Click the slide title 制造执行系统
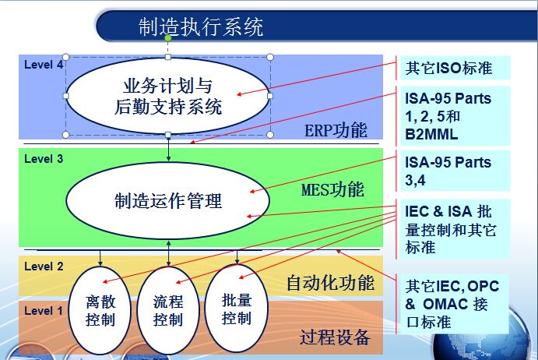tap(201, 26)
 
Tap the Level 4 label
tap(44, 65)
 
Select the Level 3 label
tap(44, 159)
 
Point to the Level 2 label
tap(44, 266)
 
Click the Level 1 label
tap(44, 311)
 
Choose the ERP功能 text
tap(336, 130)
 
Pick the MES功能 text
tap(332, 189)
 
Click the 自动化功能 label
tap(330, 283)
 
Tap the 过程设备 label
tap(335, 337)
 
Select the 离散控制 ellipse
tap(100, 311)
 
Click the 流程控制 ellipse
tap(168, 311)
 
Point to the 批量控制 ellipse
tap(237, 309)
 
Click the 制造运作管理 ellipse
tap(167, 200)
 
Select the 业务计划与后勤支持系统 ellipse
tap(167, 96)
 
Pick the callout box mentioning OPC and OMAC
tap(454, 304)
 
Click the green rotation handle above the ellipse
tap(167, 38)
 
